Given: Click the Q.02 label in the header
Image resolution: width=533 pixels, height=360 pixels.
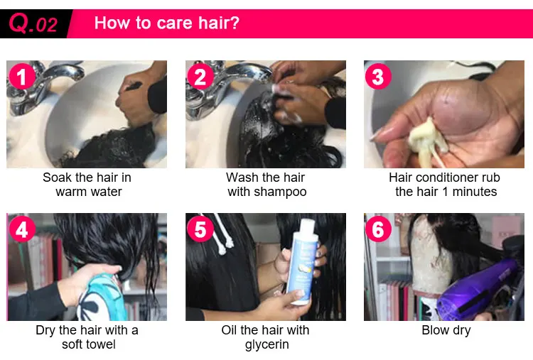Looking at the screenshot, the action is tap(33, 23).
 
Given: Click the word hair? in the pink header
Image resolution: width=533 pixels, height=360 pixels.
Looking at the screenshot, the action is tap(219, 23).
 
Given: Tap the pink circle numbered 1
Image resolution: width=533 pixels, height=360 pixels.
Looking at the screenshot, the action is tap(22, 77).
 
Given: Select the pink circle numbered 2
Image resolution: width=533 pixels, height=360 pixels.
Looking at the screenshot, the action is tap(200, 77).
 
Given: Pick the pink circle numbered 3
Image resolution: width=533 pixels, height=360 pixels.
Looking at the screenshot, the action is tap(378, 77).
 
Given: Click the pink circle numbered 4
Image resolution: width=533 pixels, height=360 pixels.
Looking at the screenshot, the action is tap(22, 229).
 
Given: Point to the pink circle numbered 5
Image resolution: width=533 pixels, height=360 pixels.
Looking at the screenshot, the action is tap(200, 229).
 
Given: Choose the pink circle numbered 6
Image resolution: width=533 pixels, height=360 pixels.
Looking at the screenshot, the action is tap(378, 229).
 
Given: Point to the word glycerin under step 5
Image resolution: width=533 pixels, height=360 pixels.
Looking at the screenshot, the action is tap(266, 344).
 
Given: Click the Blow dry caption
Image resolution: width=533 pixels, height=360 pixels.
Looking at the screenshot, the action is tap(446, 330).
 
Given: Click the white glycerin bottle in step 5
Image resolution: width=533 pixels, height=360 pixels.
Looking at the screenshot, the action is tap(301, 261).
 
